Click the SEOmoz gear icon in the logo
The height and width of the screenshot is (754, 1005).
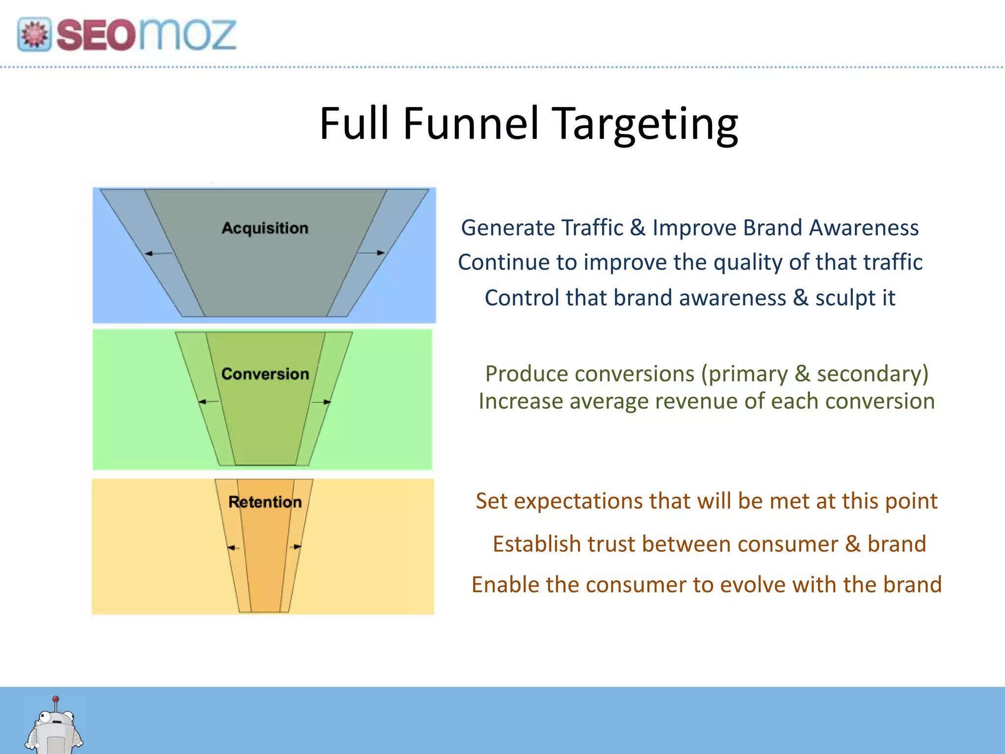pos(34,34)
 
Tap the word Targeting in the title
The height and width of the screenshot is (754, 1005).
pos(645,125)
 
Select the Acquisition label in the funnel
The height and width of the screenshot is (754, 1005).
pos(265,228)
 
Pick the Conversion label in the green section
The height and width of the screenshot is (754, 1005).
pos(265,374)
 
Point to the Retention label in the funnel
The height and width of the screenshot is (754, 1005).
pos(265,502)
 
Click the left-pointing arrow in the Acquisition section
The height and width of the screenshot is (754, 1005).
pos(158,253)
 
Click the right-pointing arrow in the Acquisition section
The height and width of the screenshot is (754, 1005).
pos(372,252)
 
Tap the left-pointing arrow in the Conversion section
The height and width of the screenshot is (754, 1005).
pos(208,402)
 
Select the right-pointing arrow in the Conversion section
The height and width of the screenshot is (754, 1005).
pos(322,402)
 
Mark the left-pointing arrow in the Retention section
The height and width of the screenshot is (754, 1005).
pos(233,548)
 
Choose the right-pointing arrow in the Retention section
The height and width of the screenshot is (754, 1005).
pos(295,547)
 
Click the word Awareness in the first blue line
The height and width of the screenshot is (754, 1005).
pos(864,228)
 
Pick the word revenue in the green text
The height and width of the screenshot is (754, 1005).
pos(686,402)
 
